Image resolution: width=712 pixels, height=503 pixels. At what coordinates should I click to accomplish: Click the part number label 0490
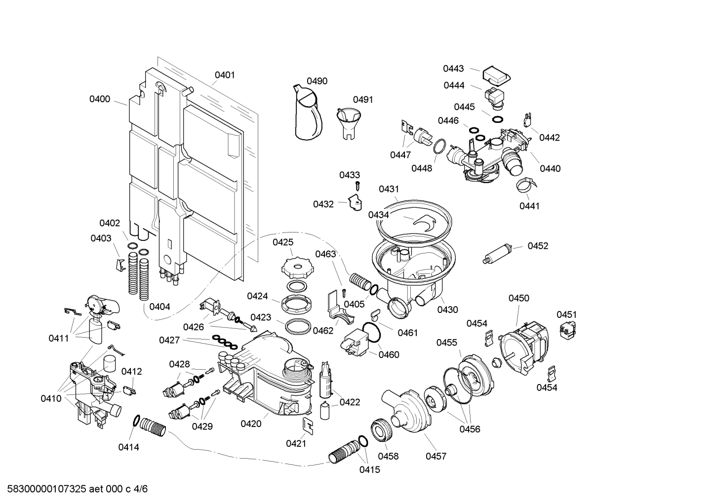[317, 81]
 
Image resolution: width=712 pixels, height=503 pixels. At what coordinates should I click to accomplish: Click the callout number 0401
[225, 75]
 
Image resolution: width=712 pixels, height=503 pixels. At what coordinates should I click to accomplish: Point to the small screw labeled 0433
[359, 186]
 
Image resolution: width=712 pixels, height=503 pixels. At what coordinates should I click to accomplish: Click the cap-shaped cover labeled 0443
[496, 75]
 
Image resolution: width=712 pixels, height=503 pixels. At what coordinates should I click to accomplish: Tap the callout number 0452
[538, 246]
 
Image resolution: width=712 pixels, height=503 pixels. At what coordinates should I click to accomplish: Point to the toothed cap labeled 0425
[294, 268]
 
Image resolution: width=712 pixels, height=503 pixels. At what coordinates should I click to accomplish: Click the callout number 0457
[436, 456]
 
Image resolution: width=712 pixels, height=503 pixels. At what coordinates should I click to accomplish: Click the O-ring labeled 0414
[135, 421]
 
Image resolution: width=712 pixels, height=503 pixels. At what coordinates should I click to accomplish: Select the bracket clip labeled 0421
[307, 426]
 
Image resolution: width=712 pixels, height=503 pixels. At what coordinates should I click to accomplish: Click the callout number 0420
[251, 424]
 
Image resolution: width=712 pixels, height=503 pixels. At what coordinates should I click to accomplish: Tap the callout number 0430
[447, 310]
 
